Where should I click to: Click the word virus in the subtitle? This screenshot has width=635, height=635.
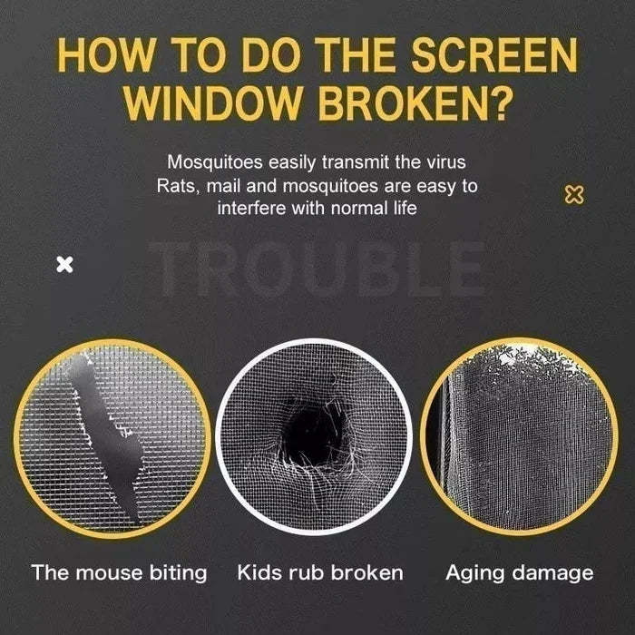pyautogui.click(x=444, y=163)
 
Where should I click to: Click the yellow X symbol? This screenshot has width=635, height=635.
pyautogui.click(x=573, y=193)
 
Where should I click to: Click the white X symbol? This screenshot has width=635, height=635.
pyautogui.click(x=64, y=265)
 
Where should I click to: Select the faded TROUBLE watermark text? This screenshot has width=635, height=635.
pyautogui.click(x=317, y=269)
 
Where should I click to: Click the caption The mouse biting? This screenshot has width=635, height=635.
pyautogui.click(x=119, y=572)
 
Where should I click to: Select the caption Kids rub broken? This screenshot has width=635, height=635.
pyautogui.click(x=320, y=572)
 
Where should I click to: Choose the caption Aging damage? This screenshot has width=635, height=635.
pyautogui.click(x=519, y=572)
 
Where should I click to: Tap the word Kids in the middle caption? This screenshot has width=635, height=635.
pyautogui.click(x=259, y=572)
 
